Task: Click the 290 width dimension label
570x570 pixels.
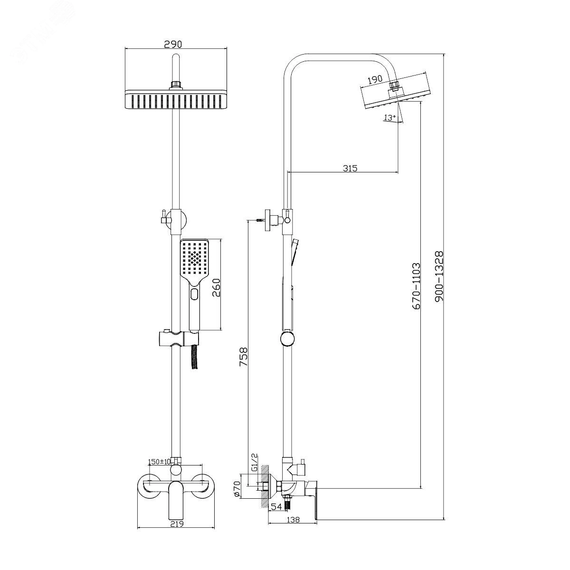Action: tap(173, 44)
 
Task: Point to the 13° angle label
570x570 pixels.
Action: tap(390, 117)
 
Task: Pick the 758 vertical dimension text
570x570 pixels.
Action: tap(243, 357)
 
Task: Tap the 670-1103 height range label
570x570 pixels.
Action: tap(416, 286)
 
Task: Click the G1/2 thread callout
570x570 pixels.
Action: tap(254, 462)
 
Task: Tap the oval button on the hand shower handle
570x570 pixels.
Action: tap(194, 295)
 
